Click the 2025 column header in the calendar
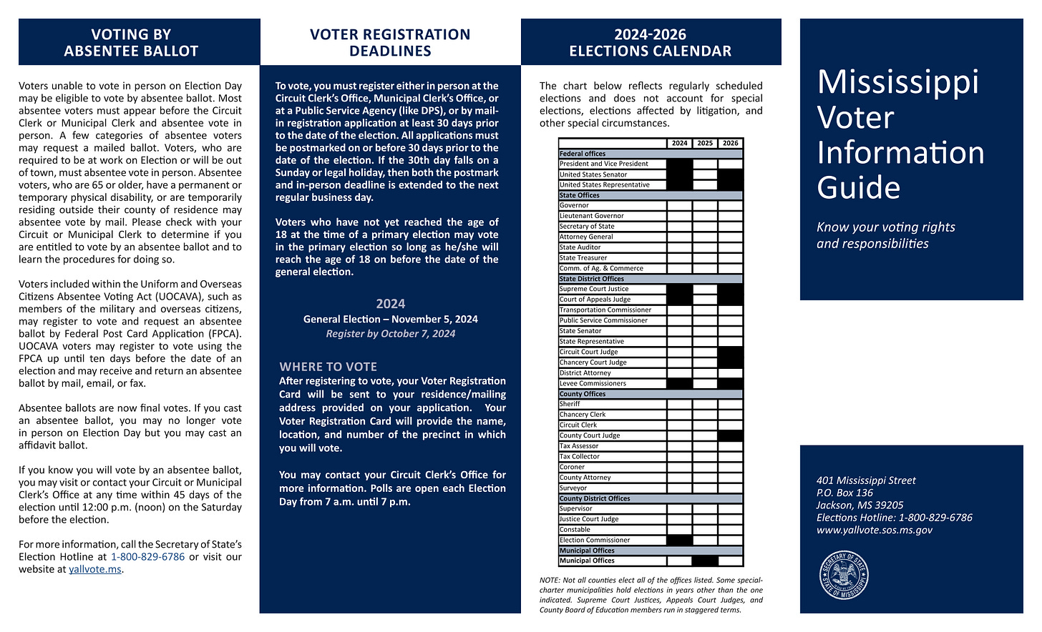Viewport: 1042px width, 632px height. pos(705,143)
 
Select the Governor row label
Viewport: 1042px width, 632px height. pos(574,205)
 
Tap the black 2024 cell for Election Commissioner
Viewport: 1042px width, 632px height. pos(679,540)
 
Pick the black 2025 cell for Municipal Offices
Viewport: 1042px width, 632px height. pos(705,561)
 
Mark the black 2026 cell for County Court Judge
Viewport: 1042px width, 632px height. pos(731,435)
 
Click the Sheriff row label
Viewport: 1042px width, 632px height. pos(570,404)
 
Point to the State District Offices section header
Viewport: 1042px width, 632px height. pos(592,279)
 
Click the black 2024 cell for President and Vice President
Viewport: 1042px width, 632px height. pos(679,164)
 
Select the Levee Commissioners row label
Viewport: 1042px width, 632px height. pos(593,383)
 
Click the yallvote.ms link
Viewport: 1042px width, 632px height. pos(95,570)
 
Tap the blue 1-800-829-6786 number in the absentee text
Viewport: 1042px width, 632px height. pos(147,557)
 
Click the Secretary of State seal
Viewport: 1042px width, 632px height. pos(844,576)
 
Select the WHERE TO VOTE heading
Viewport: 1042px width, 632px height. pos(328,367)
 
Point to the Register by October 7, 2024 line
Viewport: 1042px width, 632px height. pos(390,334)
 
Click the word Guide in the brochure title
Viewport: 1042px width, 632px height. pos(858,188)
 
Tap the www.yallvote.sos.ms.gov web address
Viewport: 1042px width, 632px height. pos(874,530)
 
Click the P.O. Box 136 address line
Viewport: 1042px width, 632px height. pos(844,493)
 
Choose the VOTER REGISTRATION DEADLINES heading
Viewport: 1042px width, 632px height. pos(390,43)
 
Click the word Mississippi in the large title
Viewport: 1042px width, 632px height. pos(897,82)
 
